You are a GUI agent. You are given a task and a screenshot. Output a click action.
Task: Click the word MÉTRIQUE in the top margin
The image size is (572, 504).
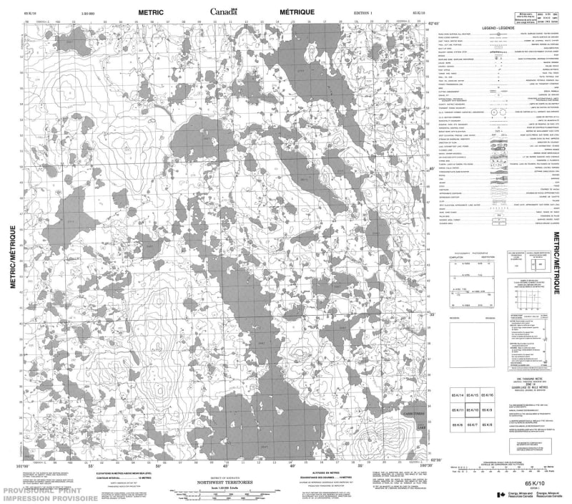[295, 11]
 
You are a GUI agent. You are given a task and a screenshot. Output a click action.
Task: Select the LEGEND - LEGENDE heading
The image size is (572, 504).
[495, 26]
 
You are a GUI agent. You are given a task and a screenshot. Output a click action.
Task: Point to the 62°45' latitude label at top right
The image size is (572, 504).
[430, 24]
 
